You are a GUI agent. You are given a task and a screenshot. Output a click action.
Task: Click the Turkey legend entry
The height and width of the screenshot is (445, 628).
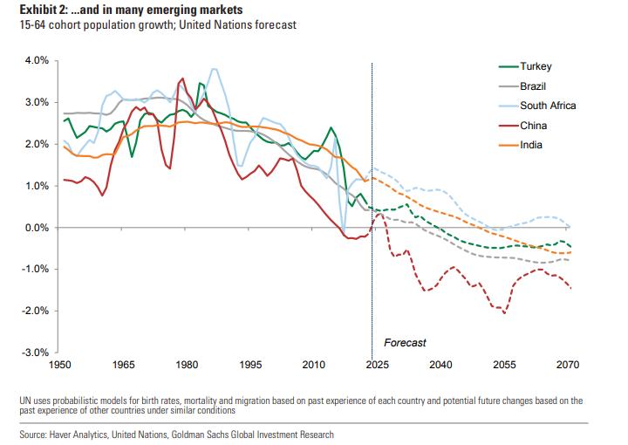point(536,67)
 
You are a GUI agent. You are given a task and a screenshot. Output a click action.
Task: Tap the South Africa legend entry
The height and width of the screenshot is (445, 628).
point(548,106)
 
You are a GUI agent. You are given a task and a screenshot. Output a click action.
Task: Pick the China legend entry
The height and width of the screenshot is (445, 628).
point(533,126)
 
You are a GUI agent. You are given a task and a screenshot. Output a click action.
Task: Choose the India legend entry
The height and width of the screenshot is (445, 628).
point(531,145)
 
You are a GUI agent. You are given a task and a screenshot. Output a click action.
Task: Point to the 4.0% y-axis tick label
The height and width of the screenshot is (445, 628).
point(37,61)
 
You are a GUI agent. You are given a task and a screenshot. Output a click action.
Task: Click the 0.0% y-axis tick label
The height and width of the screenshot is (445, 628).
point(37,228)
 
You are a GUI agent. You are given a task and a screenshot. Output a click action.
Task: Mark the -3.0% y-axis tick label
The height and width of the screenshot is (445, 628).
point(35,353)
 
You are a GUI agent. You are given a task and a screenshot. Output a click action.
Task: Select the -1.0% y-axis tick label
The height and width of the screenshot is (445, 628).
point(35,270)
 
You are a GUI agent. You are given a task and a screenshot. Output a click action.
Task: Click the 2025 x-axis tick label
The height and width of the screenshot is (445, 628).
point(372,366)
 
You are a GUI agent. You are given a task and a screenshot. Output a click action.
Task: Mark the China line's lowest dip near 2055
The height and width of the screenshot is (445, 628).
point(503,311)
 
